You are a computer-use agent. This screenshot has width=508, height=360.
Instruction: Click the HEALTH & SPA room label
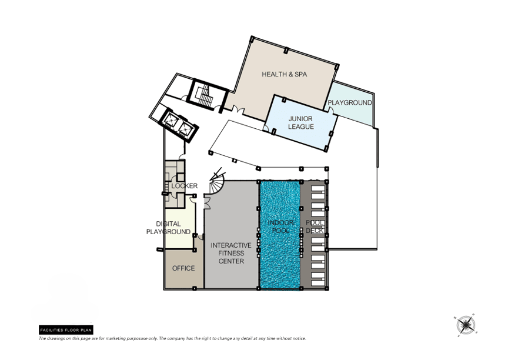[284, 74]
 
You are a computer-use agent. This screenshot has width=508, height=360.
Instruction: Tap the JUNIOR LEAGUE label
[300, 123]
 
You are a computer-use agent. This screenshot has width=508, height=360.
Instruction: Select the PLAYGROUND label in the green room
[350, 103]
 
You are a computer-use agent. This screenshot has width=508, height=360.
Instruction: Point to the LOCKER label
[185, 186]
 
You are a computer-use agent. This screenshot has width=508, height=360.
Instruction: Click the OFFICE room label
[183, 268]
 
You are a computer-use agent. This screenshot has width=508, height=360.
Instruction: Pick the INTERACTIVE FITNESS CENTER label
[231, 253]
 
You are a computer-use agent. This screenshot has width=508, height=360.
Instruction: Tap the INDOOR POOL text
[280, 226]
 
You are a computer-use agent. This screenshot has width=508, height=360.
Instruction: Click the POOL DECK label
[315, 226]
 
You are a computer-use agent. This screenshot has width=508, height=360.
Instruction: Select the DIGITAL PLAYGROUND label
[168, 228]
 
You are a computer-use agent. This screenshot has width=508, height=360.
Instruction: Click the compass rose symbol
[466, 325]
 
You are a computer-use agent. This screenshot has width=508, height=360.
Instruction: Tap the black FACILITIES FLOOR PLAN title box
[66, 330]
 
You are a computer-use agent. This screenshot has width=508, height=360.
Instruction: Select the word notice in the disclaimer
[299, 339]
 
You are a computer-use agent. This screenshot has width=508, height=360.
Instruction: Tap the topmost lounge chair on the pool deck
[317, 187]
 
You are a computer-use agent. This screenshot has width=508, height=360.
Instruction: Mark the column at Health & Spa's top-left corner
[252, 39]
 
